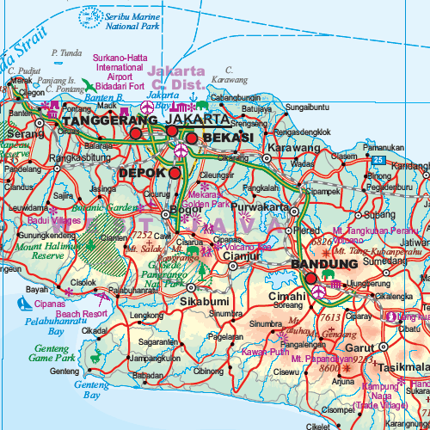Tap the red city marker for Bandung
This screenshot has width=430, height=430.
click(311, 278)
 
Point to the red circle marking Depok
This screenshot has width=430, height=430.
click(175, 173)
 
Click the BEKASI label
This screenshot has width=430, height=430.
click(227, 138)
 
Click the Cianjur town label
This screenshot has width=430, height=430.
click(242, 255)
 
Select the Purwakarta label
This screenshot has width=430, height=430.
click(259, 206)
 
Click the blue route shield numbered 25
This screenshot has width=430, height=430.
click(379, 160)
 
